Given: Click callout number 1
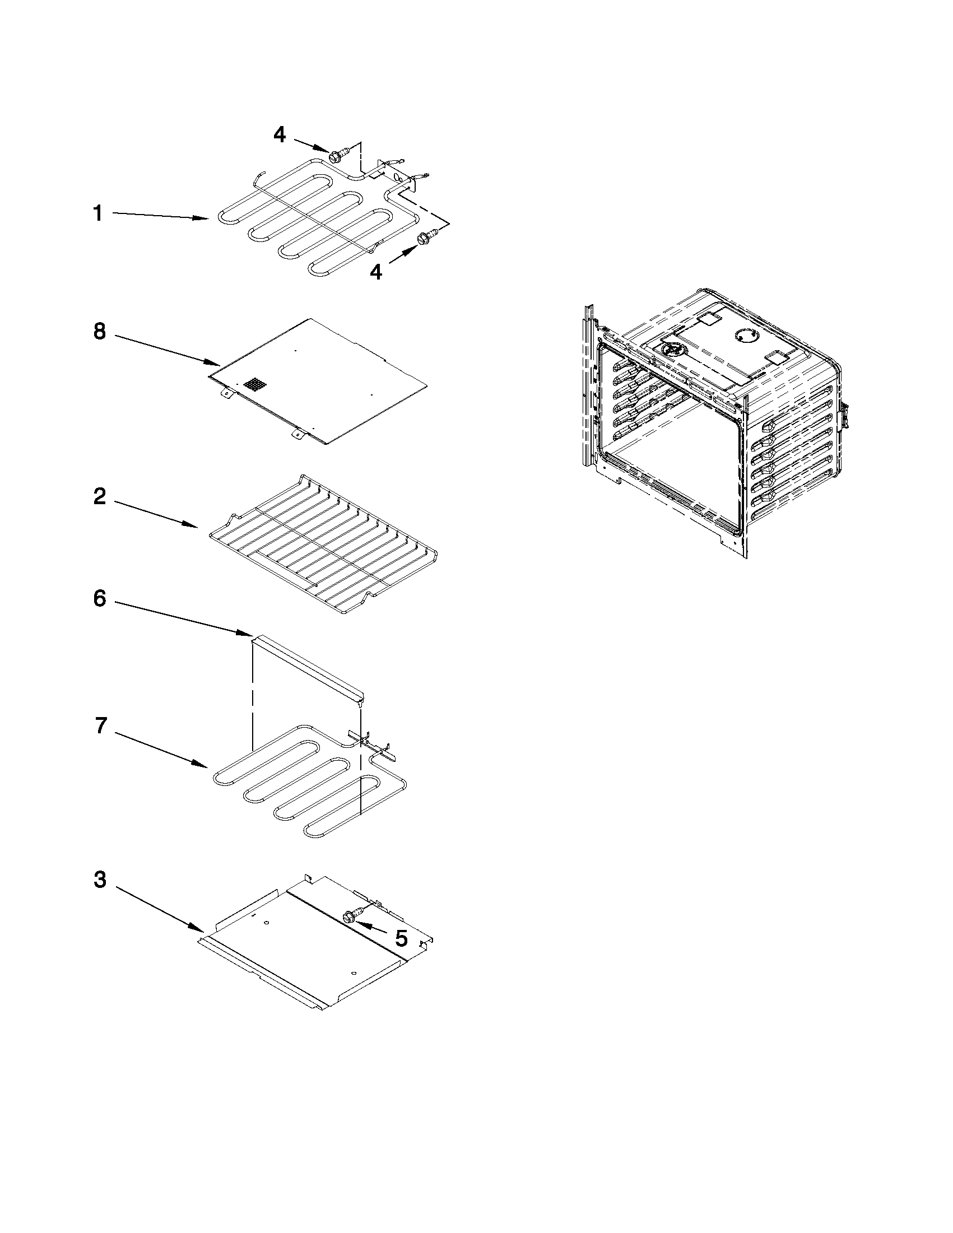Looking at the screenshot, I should coord(97,214).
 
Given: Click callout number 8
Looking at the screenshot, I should coord(99,332).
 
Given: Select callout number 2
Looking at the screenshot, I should coord(99,497).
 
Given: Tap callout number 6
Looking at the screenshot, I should coord(99,599).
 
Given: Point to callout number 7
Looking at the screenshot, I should coord(100,725).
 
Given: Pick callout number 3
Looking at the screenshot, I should coord(99,880).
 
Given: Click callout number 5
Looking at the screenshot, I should coord(401,938).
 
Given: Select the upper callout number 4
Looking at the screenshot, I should coord(280,134).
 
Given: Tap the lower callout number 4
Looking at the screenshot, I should coord(375,272).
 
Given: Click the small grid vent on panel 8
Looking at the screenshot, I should coord(254,385).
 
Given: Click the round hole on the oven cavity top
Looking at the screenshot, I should coord(745,336).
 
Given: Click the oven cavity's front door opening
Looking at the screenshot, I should coord(672,446).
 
